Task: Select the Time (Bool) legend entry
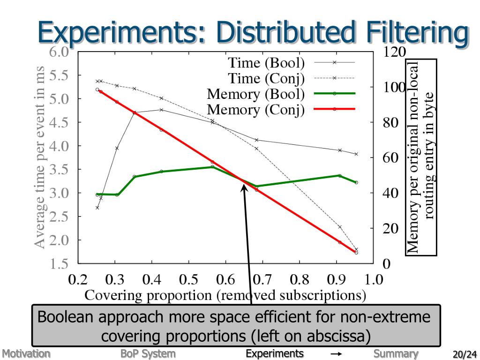266,63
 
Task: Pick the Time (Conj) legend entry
266,78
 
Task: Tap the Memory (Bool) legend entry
256,94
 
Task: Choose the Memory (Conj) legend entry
256,110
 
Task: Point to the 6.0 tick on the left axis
59,52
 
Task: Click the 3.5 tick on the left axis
59,169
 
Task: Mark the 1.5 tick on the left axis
59,263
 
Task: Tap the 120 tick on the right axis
394,52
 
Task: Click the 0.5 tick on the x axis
188,280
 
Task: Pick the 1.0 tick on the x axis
374,280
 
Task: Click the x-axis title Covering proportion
225,296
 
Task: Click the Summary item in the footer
396,353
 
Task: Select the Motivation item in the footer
25,353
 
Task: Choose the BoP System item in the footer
148,353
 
